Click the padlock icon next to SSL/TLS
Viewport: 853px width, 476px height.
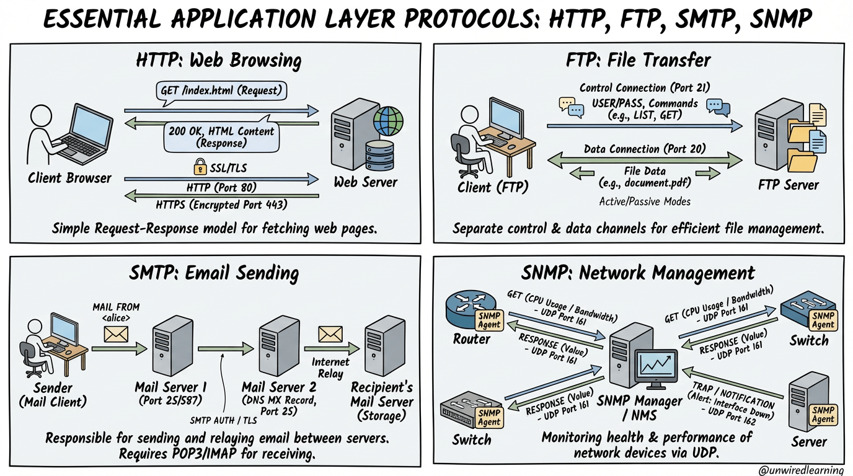[x=200, y=167]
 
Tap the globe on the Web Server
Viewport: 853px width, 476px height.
[x=388, y=121]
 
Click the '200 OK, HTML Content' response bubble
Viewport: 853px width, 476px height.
[x=221, y=137]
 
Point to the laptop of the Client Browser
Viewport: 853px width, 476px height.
[x=84, y=132]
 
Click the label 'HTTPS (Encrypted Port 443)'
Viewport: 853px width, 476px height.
[x=221, y=205]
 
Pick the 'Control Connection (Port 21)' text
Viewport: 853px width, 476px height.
[x=645, y=88]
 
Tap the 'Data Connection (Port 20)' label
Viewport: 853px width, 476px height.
[x=645, y=149]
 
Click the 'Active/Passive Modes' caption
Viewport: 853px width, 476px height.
[x=645, y=201]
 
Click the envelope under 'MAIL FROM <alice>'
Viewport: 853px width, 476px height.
[x=116, y=334]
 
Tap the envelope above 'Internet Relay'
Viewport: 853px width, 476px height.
[x=330, y=334]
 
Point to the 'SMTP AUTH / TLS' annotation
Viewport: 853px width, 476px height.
[x=223, y=420]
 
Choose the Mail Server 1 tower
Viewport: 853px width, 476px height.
[x=172, y=346]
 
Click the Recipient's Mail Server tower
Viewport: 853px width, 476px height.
[x=384, y=346]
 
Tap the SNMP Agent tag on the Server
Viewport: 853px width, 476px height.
[x=823, y=415]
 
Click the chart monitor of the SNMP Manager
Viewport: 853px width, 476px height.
[x=656, y=368]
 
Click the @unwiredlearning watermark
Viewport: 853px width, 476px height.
[x=801, y=470]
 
